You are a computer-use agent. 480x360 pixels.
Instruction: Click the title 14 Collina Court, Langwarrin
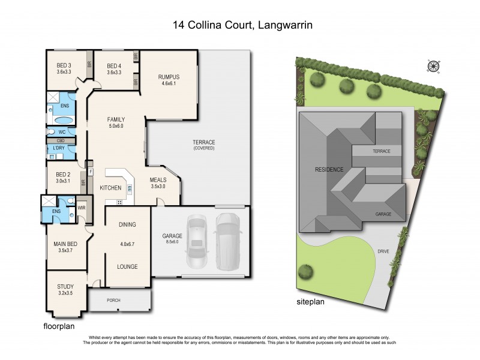click(240, 25)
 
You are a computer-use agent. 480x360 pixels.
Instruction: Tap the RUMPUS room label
click(169, 77)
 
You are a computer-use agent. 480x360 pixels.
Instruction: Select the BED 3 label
click(64, 65)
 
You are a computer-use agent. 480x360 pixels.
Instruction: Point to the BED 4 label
click(114, 65)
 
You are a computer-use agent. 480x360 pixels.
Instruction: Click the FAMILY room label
click(116, 119)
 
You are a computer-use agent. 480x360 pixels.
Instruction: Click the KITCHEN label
click(110, 188)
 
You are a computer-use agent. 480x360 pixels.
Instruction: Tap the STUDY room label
click(65, 287)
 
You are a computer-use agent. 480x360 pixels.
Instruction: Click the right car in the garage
click(227, 240)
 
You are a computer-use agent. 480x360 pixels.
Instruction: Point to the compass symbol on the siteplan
click(432, 65)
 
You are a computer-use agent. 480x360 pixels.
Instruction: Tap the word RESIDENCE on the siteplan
click(330, 170)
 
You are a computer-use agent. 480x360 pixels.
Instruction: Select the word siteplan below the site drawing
click(310, 302)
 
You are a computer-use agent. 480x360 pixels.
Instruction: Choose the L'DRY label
click(58, 148)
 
